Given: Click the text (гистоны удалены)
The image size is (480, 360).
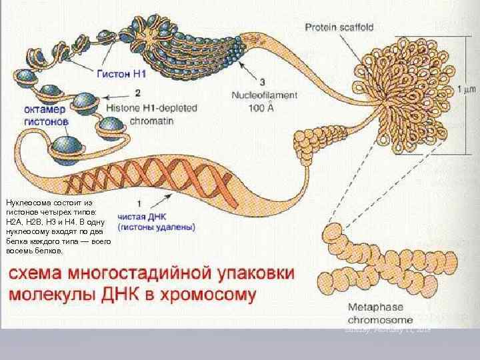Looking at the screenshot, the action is [x=156, y=227].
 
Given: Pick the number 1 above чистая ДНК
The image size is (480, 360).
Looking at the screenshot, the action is [x=138, y=203].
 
